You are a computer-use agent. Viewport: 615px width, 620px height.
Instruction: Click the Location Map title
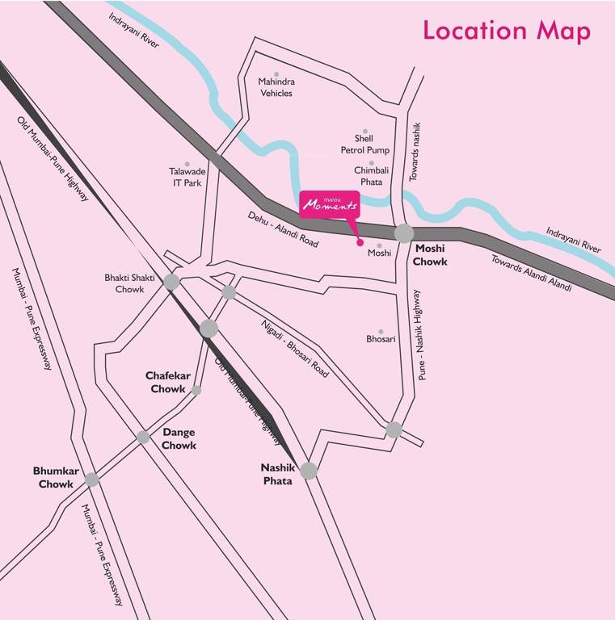[x=507, y=31]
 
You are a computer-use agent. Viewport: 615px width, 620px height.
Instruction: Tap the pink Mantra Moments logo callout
[x=326, y=205]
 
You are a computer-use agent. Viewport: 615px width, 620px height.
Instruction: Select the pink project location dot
[x=360, y=241]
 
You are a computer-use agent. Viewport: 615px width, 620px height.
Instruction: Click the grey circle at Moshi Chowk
[x=404, y=233]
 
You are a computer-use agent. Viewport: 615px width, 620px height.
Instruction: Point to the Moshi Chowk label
[x=430, y=255]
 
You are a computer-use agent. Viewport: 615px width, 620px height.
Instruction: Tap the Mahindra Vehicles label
[x=276, y=87]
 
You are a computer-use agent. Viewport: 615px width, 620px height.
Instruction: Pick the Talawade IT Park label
[x=187, y=177]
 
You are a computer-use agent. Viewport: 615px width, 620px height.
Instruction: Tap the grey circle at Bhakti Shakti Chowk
[x=171, y=281]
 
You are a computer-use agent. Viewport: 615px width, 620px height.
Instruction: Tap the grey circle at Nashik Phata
[x=309, y=471]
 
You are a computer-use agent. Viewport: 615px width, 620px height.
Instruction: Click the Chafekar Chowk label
[x=166, y=382]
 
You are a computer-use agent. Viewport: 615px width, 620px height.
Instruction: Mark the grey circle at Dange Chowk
[x=143, y=437]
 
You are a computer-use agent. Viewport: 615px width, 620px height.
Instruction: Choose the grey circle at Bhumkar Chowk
[x=92, y=479]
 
